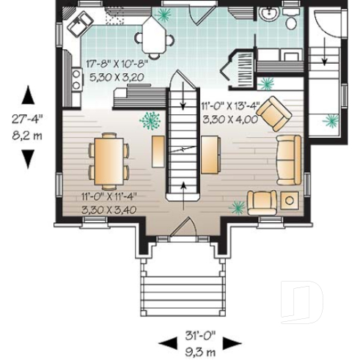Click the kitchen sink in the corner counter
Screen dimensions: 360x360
[x=76, y=27]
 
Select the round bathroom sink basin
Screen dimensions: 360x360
[x=268, y=14]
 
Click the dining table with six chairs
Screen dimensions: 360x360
[x=109, y=159]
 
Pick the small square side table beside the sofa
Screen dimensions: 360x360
[x=290, y=199]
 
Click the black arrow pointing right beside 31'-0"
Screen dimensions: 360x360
[x=232, y=341]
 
